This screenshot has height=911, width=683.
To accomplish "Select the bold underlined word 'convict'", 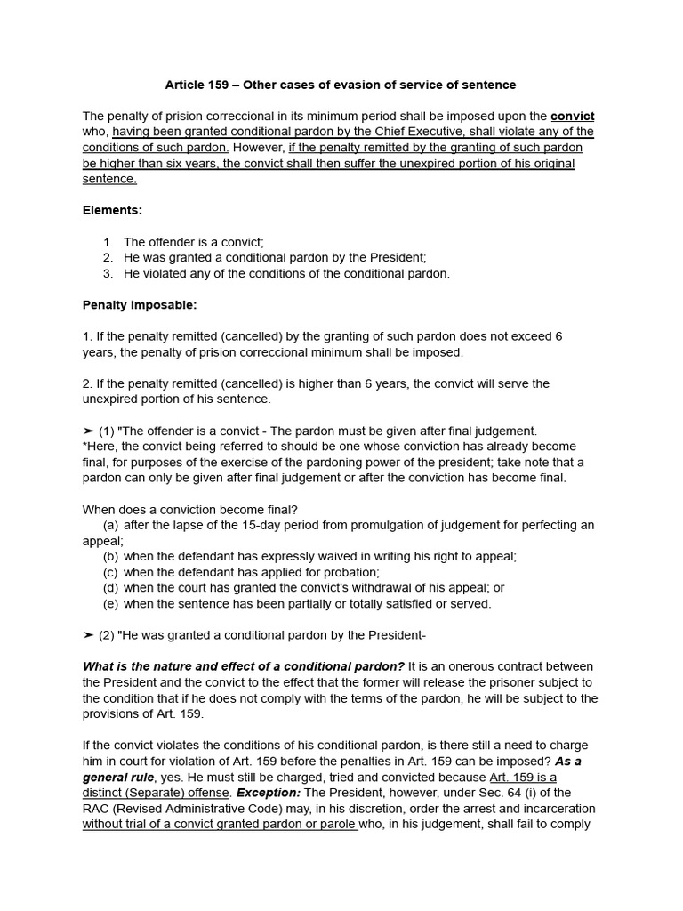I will pyautogui.click(x=573, y=116).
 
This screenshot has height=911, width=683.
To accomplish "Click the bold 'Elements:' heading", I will pyautogui.click(x=112, y=211).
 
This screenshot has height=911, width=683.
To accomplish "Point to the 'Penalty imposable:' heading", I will pyautogui.click(x=140, y=305).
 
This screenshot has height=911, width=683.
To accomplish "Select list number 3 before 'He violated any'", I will pyautogui.click(x=108, y=273).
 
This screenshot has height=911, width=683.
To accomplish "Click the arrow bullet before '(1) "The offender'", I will pyautogui.click(x=88, y=431).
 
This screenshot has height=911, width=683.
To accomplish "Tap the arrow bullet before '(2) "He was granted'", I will pyautogui.click(x=88, y=635).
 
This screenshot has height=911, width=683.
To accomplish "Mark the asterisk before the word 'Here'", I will pyautogui.click(x=84, y=447).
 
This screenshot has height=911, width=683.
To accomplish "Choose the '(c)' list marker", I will pyautogui.click(x=110, y=572).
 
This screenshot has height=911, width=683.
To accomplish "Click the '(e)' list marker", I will pyautogui.click(x=110, y=604).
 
